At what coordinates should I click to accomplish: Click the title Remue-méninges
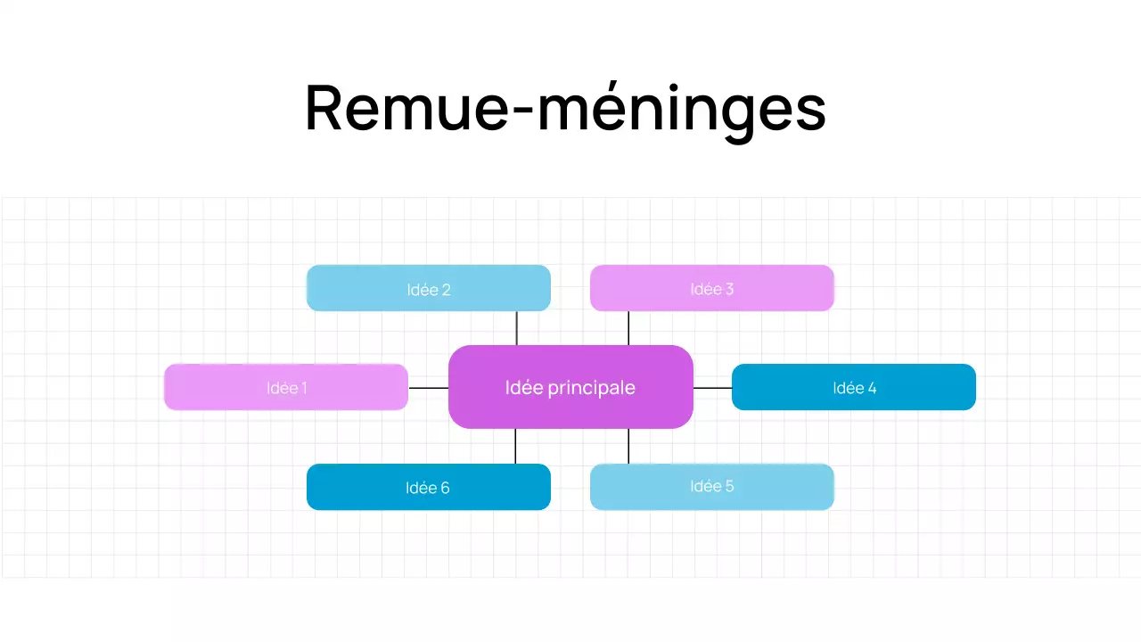tap(565, 109)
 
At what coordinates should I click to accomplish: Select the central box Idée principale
tap(570, 387)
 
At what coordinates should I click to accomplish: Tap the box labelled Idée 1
tap(286, 387)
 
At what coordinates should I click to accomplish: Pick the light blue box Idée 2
tap(429, 288)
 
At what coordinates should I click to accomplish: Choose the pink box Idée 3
tap(712, 288)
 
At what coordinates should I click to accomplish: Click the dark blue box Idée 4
tap(854, 387)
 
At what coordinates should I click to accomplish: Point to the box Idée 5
tap(712, 487)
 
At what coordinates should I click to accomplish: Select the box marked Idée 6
tap(429, 487)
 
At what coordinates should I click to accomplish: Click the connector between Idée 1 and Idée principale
tap(428, 388)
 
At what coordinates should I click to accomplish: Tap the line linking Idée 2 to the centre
tap(516, 328)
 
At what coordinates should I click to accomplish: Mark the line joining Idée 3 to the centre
tap(628, 328)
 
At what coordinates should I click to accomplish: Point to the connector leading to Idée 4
tap(712, 388)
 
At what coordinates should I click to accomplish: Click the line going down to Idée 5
tap(628, 446)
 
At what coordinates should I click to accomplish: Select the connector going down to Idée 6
tap(515, 446)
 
